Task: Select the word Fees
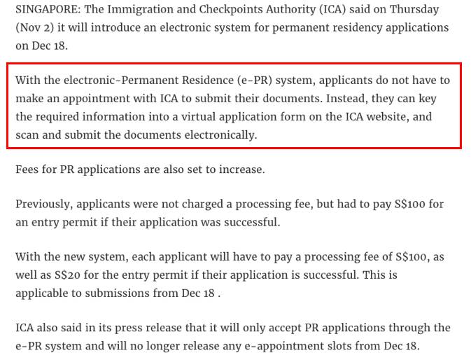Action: pyautogui.click(x=27, y=169)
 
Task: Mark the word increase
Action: pyautogui.click(x=241, y=169)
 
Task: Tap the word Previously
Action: pyautogui.click(x=44, y=205)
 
